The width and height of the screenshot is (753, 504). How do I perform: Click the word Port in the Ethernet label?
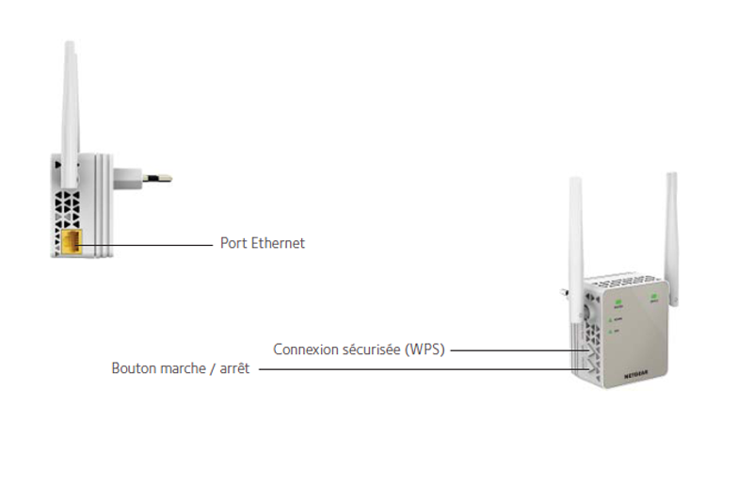point(232,243)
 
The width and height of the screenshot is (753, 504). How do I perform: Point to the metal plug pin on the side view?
point(156,176)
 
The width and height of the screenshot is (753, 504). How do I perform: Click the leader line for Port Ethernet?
point(151,244)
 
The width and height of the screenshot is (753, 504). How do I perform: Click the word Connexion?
point(306,350)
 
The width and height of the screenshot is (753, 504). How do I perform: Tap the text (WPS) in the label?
point(425,350)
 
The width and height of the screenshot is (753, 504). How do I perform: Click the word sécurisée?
point(372,350)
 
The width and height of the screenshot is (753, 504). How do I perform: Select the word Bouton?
point(133,369)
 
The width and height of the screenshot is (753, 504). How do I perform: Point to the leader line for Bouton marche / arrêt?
point(424,369)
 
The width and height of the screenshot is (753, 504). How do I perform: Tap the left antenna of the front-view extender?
point(575,236)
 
